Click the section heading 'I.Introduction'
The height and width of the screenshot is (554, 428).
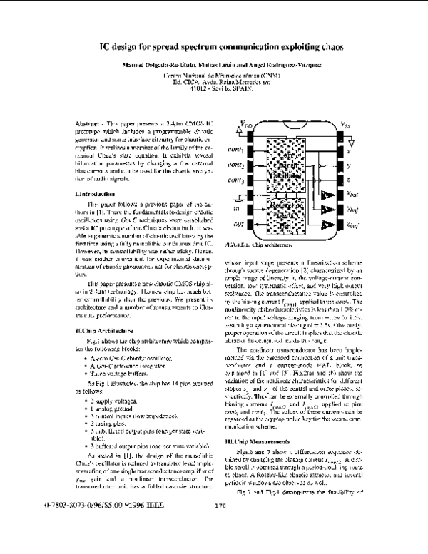[95, 193]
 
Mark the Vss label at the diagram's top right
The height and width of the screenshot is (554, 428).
[345, 124]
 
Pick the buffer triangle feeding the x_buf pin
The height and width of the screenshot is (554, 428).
[326, 195]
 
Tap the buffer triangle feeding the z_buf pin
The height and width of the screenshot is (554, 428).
[326, 225]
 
